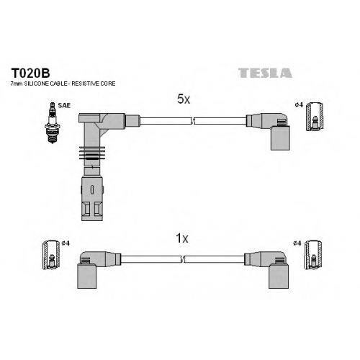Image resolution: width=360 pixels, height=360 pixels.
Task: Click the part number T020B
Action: pos(30,73)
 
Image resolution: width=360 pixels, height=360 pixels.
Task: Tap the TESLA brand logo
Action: pos(265,73)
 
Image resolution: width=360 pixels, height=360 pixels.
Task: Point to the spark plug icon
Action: pos(53,122)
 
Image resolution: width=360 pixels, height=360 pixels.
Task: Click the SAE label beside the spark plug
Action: pos(64,105)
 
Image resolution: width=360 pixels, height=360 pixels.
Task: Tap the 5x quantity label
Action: pos(184,99)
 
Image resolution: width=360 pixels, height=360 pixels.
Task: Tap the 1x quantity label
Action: pos(182,238)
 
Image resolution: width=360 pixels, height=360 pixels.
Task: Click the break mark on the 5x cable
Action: pos(192,121)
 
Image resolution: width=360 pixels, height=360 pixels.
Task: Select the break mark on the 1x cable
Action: pos(183,259)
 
